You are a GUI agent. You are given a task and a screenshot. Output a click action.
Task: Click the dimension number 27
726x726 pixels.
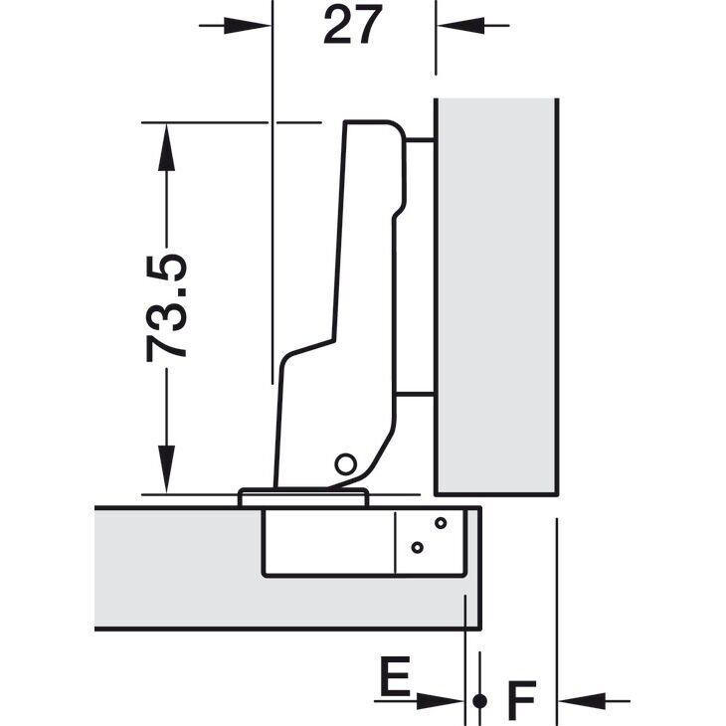(353, 25)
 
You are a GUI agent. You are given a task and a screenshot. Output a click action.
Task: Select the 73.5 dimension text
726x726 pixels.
(166, 308)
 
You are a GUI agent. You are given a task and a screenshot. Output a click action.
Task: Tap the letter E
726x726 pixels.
(395, 676)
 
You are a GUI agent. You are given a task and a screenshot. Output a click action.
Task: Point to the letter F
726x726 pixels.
(521, 700)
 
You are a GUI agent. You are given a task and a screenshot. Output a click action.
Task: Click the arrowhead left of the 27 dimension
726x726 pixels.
(247, 26)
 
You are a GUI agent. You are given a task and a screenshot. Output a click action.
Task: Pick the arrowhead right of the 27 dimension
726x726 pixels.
(460, 26)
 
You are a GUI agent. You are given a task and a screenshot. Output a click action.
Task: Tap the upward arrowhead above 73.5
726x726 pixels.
(166, 147)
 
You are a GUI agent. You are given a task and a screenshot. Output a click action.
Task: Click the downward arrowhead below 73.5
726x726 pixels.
(166, 469)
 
